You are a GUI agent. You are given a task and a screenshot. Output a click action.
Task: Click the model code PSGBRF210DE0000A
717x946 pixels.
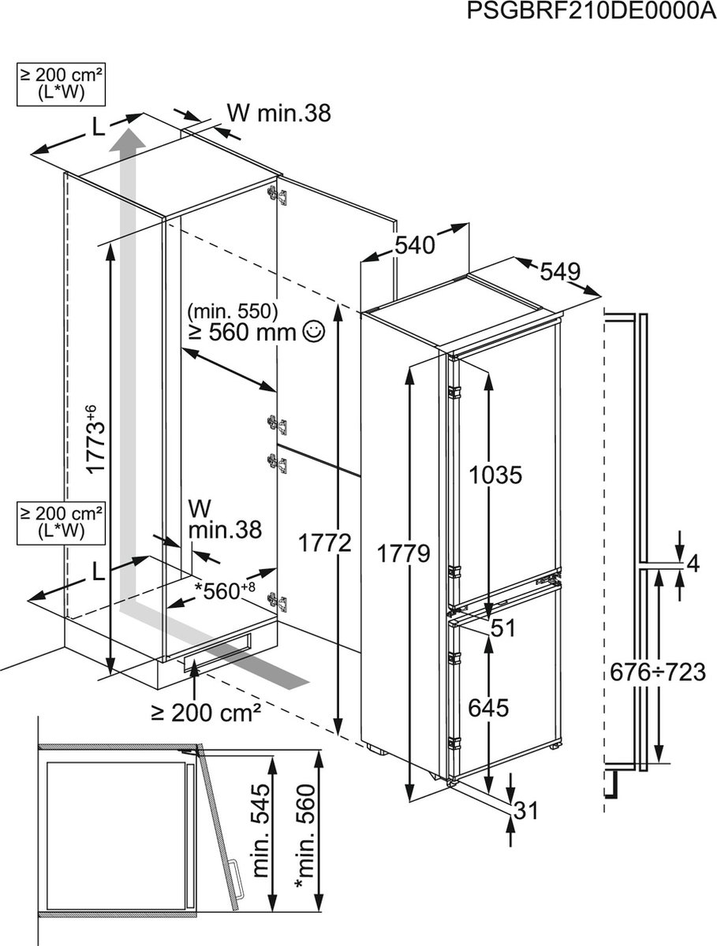(x=590, y=13)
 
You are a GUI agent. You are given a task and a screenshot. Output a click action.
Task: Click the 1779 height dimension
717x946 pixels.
(x=402, y=553)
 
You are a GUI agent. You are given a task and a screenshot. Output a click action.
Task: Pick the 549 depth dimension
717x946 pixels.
(x=561, y=272)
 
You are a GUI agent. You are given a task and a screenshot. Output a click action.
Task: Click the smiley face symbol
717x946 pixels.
(x=313, y=332)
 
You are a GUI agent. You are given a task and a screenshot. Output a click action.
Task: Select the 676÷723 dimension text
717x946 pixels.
(x=657, y=672)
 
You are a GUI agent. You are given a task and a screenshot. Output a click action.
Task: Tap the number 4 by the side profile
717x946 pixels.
(x=693, y=563)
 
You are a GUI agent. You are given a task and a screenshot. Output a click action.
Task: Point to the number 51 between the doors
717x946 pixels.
(x=502, y=628)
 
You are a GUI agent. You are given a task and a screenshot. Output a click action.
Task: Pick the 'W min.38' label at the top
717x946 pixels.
(x=278, y=113)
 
